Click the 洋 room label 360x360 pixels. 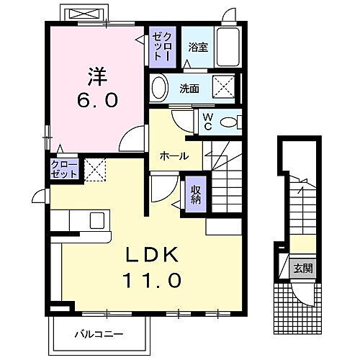coord(97,75)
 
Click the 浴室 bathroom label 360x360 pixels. coord(198,48)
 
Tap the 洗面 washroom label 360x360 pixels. coord(189,90)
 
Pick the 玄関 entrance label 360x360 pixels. coord(302,269)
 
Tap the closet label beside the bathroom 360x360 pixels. coord(161,46)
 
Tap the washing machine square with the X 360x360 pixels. coord(226,89)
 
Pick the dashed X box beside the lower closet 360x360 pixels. coord(94,171)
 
